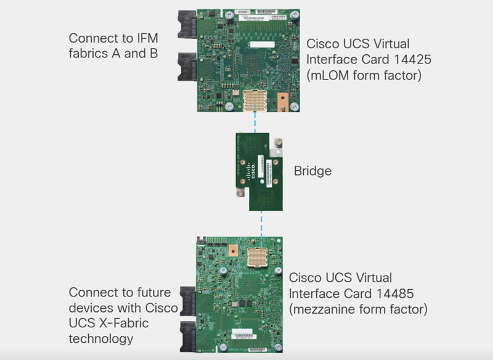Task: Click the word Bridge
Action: [312, 171]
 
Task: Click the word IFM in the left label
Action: [147, 38]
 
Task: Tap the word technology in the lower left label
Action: [101, 339]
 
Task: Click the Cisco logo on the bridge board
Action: [251, 171]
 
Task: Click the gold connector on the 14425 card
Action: [255, 100]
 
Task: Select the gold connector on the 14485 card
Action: [257, 258]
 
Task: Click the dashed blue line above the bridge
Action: [255, 122]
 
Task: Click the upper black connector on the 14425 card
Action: [187, 24]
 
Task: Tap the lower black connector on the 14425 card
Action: [187, 67]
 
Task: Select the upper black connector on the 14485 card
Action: [188, 301]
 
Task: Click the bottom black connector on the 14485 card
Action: [188, 337]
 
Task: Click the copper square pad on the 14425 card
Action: [283, 102]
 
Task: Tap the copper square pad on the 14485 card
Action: [233, 251]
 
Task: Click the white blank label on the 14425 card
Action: [263, 44]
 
